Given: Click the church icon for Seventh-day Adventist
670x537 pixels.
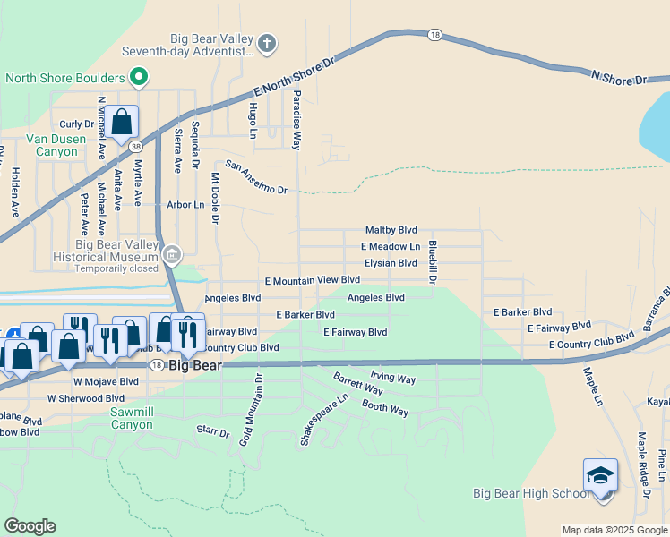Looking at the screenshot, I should click(267, 43).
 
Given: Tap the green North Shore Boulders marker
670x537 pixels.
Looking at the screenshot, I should click(138, 78).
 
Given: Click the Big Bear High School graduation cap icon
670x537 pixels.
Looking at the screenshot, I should click(600, 475).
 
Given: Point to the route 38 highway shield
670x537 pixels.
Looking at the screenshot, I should click(135, 144).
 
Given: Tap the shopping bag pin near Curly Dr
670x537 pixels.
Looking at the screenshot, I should click(122, 122).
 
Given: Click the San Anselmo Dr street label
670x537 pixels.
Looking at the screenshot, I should click(256, 177).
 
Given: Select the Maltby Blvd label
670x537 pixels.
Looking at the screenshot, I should click(391, 230).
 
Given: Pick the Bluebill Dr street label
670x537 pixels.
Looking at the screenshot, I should click(432, 262).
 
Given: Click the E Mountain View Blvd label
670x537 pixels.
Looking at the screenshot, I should click(312, 280).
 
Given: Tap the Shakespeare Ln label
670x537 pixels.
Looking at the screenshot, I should click(315, 422).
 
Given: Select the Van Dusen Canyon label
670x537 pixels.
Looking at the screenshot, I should click(56, 145).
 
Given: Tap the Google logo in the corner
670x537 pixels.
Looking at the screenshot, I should click(30, 526).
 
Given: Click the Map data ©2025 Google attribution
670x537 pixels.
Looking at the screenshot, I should click(614, 530).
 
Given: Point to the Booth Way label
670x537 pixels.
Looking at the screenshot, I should click(385, 408).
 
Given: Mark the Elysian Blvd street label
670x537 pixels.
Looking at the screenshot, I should click(391, 263).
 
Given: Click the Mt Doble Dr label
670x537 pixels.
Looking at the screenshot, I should click(215, 198).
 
